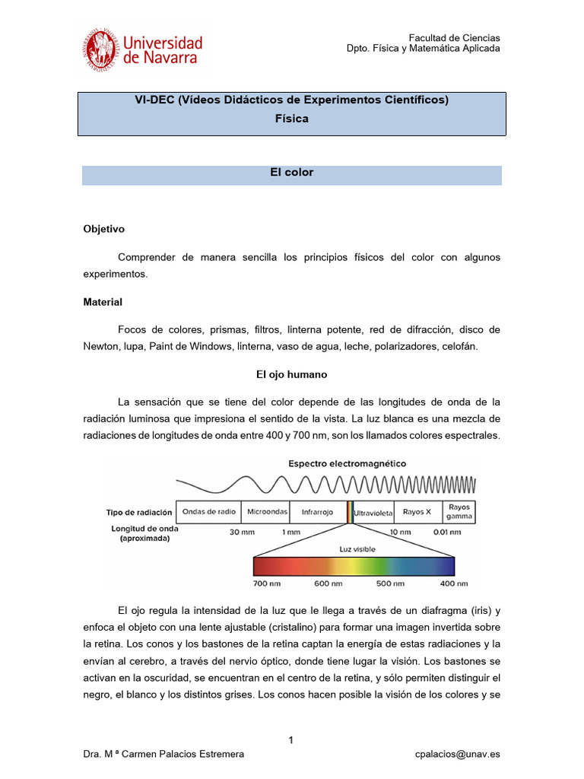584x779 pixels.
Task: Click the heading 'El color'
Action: (x=291, y=173)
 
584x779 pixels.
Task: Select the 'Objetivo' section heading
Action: (x=103, y=229)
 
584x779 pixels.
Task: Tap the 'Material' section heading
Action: (x=103, y=302)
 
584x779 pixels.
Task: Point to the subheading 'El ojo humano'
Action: (x=291, y=375)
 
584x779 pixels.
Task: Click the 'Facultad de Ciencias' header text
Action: (x=454, y=37)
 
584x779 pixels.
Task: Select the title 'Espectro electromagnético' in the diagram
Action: (x=347, y=463)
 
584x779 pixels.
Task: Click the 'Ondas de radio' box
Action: (x=208, y=512)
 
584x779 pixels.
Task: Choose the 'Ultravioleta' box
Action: (x=373, y=512)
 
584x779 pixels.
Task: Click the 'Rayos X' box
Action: (x=417, y=512)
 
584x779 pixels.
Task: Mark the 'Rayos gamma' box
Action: (x=459, y=511)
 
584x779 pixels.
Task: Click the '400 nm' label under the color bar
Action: (x=454, y=583)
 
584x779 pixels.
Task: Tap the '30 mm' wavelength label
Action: (x=242, y=533)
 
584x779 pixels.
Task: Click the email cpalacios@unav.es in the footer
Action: (x=458, y=754)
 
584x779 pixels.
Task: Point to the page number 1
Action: (x=291, y=740)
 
